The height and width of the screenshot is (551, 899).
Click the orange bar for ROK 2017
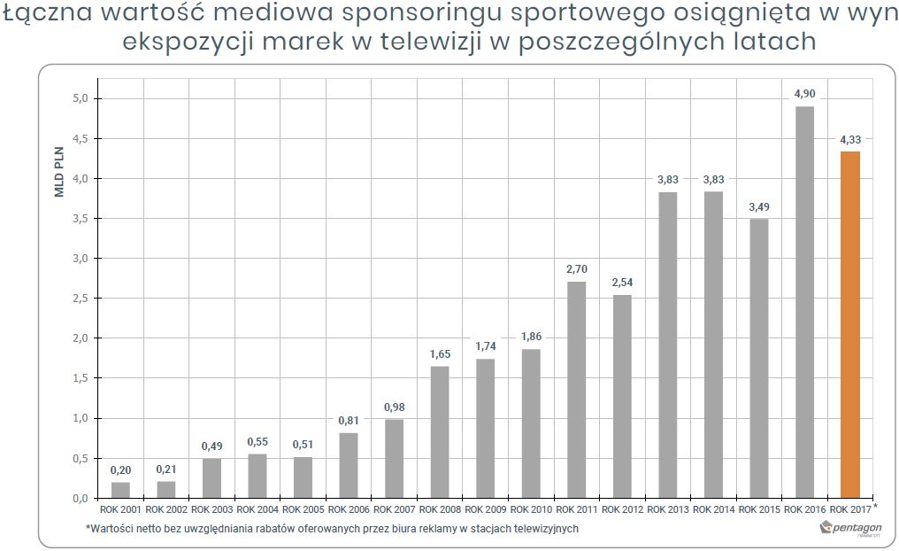(x=849, y=324)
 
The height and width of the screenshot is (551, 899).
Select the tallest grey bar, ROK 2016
(x=804, y=302)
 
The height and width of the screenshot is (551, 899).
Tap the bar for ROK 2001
(x=119, y=490)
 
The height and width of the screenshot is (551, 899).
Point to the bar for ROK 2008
(x=440, y=431)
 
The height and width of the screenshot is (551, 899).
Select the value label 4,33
(x=849, y=140)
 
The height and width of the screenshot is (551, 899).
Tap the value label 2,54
(x=622, y=283)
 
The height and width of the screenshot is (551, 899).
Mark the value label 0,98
(x=394, y=407)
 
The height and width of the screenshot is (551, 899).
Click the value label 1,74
(x=485, y=347)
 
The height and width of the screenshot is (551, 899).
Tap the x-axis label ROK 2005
(x=303, y=509)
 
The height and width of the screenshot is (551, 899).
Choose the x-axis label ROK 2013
(x=667, y=509)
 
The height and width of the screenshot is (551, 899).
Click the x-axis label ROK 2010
(x=531, y=509)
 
